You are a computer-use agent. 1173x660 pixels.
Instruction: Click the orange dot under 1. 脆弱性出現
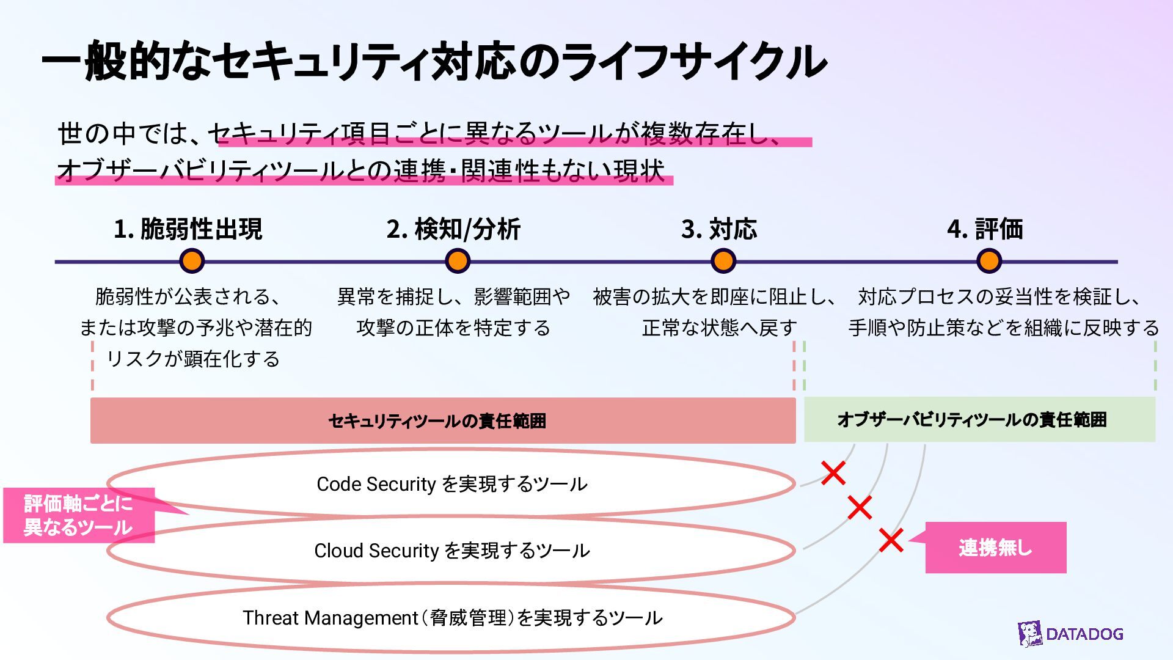tap(192, 261)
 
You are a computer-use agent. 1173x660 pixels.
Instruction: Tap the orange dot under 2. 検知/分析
tap(457, 261)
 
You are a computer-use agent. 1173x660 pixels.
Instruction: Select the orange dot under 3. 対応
tap(723, 261)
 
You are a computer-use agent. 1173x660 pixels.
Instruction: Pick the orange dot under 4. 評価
tap(988, 261)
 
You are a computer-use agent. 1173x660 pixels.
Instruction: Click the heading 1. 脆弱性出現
tap(188, 229)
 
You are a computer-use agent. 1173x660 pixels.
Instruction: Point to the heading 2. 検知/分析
tap(453, 229)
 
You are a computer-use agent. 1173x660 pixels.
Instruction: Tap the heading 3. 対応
tap(719, 229)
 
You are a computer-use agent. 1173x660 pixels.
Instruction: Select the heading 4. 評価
tap(985, 229)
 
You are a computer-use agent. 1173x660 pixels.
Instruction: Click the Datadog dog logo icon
tap(1030, 634)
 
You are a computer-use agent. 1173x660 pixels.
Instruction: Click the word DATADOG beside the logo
tap(1084, 634)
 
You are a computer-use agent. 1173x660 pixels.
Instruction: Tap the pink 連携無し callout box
tap(996, 548)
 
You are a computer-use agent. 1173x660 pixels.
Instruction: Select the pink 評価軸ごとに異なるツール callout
tap(79, 515)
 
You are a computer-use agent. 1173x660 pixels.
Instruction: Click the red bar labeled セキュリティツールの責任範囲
tap(443, 420)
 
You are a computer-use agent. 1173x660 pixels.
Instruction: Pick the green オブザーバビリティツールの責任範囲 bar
tap(979, 420)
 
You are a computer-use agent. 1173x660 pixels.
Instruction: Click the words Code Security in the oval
tap(376, 484)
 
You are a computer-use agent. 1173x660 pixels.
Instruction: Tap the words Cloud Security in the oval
tap(376, 551)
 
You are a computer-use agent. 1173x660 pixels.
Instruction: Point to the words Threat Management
tap(330, 618)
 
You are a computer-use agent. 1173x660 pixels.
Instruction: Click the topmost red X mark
tap(833, 473)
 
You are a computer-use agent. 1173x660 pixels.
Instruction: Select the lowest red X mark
tap(891, 540)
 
